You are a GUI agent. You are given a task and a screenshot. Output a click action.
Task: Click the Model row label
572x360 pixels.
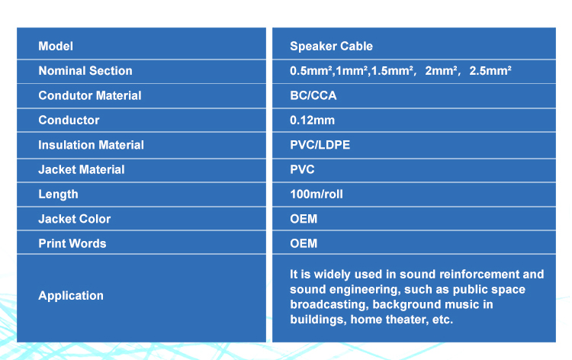click(56, 46)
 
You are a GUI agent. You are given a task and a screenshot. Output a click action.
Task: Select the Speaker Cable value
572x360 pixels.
click(331, 47)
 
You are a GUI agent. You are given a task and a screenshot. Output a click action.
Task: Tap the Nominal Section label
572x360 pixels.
click(85, 71)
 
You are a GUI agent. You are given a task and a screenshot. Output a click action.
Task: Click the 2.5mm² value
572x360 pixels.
click(490, 71)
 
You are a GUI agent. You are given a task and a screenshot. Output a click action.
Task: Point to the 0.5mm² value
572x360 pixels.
click(311, 71)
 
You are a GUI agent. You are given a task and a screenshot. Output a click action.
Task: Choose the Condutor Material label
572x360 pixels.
click(90, 95)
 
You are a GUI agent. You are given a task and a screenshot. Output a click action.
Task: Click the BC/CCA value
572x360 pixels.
click(313, 95)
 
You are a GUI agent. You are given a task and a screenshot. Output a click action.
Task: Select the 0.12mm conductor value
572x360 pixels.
click(312, 121)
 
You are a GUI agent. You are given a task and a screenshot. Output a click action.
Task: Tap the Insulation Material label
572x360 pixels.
click(92, 145)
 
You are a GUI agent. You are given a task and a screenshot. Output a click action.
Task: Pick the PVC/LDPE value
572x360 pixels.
click(320, 145)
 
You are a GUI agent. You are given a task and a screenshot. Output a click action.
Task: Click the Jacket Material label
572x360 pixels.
click(82, 169)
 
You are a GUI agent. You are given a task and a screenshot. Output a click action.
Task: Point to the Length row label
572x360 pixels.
click(59, 194)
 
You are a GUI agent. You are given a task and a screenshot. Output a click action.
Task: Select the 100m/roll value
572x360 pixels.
click(317, 194)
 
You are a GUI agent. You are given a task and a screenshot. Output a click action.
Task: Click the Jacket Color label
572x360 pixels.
click(75, 219)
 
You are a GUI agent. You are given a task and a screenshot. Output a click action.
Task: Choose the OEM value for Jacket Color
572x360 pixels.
click(304, 219)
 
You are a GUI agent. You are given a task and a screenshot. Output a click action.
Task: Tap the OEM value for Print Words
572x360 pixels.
click(304, 243)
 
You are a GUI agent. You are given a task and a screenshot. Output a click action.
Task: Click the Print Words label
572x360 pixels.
click(72, 243)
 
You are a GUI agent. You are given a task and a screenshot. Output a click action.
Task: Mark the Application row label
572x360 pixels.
click(71, 296)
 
